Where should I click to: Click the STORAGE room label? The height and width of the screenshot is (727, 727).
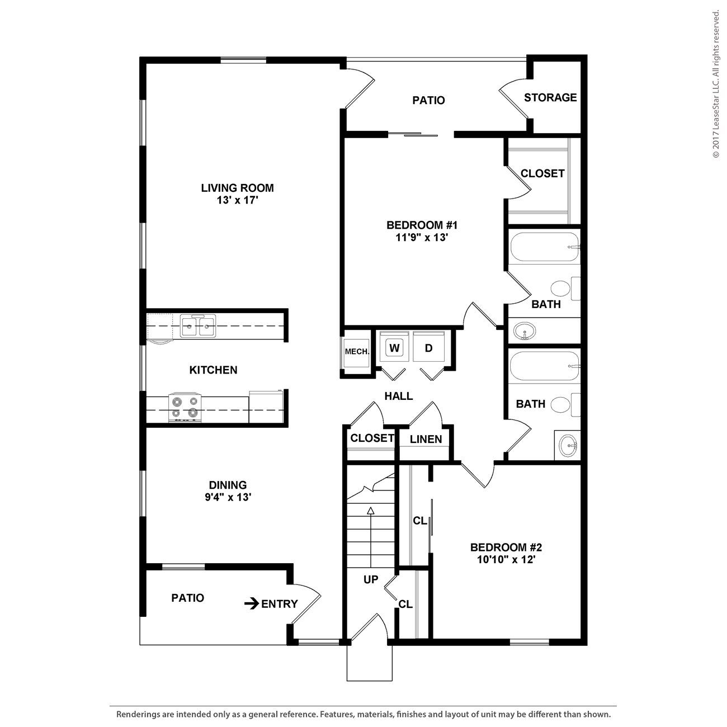pos(550,97)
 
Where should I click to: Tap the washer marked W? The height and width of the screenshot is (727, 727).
pos(394,348)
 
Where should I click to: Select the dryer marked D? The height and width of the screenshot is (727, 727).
pos(428,348)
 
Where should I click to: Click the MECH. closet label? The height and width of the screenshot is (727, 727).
pos(357,352)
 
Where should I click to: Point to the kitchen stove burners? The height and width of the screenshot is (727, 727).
pos(185,407)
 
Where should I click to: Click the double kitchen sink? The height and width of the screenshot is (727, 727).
pos(198,326)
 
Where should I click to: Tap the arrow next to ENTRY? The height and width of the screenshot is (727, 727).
pos(252,603)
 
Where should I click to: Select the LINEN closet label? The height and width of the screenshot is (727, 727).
pos(426,440)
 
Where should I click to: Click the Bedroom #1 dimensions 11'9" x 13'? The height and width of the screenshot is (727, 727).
pos(422,237)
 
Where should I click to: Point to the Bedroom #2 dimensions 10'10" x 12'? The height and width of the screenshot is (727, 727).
pos(506,559)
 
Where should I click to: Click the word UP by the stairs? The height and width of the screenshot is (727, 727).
pos(371,580)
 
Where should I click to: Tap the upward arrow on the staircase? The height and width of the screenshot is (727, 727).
pos(370,510)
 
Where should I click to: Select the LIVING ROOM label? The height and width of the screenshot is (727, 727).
pos(237,188)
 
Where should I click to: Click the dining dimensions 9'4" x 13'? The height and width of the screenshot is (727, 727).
pos(228,497)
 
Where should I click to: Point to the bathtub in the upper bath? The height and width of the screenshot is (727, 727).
pos(544,247)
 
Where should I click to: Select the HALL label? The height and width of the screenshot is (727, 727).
pos(398,396)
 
